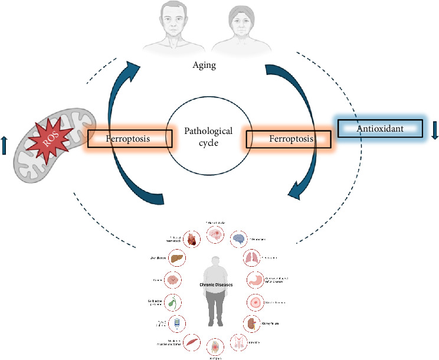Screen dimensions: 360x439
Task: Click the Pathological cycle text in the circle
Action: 208,136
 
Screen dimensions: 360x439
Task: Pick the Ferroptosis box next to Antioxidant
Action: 288,139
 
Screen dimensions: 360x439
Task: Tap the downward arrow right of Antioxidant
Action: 435,129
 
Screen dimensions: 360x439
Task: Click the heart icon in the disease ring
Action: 192,239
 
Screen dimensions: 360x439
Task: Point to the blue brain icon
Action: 238,239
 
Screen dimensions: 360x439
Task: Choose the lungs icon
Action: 251,258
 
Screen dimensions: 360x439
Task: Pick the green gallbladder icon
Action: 171,302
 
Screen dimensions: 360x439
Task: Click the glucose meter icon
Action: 177,323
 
